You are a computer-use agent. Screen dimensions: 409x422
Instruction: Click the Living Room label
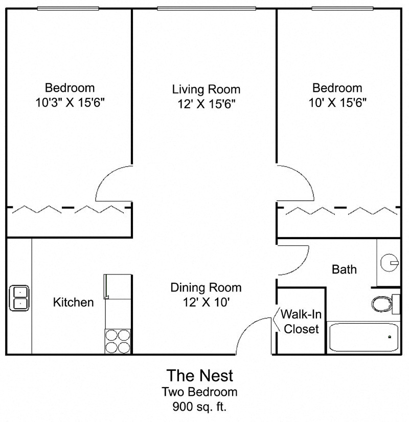coord(206,89)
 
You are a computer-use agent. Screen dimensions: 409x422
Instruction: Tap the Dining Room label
coord(206,288)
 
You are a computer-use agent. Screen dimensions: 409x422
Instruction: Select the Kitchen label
coord(73,302)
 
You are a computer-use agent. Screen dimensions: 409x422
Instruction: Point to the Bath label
coord(344,269)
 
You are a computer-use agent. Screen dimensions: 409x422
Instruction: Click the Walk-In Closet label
coord(301,321)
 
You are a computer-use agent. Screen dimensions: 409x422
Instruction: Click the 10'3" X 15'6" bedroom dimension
coord(70,102)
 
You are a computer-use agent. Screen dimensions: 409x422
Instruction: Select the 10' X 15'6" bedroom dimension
coord(337,102)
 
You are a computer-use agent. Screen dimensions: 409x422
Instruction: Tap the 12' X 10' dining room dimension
coord(206,302)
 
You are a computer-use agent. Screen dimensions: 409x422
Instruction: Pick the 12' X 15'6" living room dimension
coord(207,104)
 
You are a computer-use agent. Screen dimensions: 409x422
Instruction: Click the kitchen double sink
coord(19,298)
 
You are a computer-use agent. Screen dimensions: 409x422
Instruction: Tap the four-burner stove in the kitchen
coord(118,341)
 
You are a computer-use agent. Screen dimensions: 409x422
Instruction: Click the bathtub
coord(364,337)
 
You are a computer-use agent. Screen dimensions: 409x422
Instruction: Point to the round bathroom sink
coord(390,263)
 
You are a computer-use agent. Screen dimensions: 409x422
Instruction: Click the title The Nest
coord(200,375)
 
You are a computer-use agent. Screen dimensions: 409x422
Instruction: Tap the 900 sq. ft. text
coord(199,407)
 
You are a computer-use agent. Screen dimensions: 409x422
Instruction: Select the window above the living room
coord(207,9)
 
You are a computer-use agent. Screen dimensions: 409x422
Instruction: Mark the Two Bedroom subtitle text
coord(199,392)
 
